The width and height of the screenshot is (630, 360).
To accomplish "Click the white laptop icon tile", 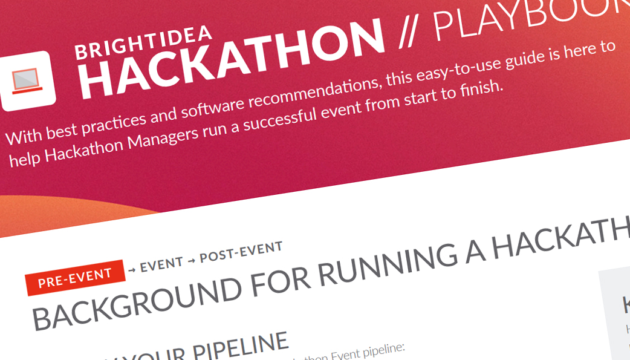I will [x=28, y=81].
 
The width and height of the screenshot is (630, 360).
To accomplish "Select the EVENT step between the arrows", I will [x=161, y=264].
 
